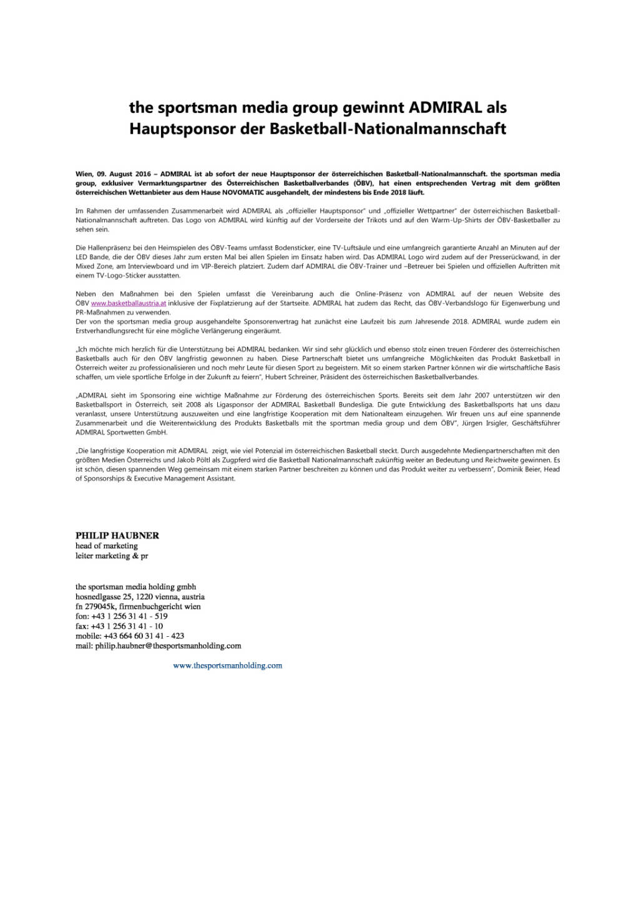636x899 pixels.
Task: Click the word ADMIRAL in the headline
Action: [444, 107]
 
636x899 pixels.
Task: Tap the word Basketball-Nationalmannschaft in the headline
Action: [388, 129]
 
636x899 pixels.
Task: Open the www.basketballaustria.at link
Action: [129, 303]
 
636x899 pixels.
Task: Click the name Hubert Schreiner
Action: [340, 377]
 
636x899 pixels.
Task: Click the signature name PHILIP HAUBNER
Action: [117, 536]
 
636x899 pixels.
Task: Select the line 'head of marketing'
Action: [107, 546]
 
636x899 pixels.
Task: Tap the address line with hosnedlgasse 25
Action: [140, 597]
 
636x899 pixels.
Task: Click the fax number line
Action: [119, 626]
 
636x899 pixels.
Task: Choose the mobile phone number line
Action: [130, 636]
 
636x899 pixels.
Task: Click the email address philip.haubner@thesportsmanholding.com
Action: [168, 646]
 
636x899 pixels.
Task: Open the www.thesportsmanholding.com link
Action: [227, 666]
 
